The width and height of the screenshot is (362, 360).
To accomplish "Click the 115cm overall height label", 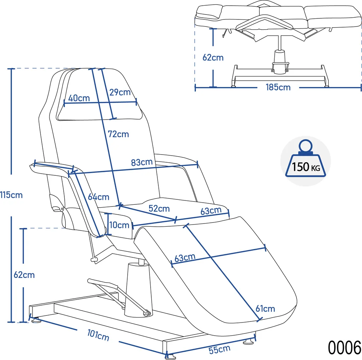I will pos(11,194).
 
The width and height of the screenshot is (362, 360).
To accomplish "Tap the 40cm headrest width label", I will pos(79,98).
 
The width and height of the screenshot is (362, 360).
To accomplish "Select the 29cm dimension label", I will pos(120,93).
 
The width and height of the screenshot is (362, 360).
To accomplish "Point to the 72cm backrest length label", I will pos(118,134).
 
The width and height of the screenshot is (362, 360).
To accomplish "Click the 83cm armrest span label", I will pos(142,162).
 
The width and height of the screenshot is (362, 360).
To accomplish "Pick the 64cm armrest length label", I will pos(99,197).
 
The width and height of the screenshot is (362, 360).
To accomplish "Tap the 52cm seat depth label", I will pos(159,209).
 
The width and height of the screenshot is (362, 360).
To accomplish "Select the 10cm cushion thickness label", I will pos(119,225).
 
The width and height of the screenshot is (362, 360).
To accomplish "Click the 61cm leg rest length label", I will pos(265,309).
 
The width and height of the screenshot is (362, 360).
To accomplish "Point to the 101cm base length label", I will pos(98,335).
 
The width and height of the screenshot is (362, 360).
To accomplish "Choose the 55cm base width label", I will pos(220,350).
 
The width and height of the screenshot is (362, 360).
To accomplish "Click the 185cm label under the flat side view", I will pos(278,87).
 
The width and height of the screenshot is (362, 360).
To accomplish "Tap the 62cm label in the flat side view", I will pos(213,57).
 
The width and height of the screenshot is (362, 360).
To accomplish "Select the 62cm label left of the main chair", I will pos(24,274).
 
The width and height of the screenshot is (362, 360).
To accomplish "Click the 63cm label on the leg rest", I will pos(185,257).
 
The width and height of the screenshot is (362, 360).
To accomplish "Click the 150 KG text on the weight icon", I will pos(306,167).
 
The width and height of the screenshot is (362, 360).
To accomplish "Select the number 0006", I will pos(345,347).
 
